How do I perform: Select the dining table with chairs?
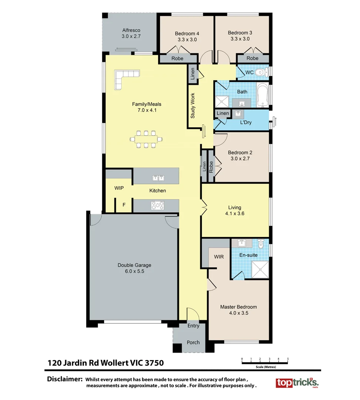(146, 139)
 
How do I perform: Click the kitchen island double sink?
(159, 178)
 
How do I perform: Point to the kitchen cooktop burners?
(158, 205)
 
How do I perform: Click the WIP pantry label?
(119, 188)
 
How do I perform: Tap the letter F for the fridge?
(124, 205)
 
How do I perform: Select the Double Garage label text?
(134, 265)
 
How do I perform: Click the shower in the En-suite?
(260, 269)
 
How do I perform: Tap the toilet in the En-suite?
(260, 244)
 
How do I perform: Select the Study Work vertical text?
(193, 106)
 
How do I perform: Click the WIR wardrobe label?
(219, 257)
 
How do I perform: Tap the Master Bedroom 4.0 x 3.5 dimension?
(239, 313)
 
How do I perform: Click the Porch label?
(193, 342)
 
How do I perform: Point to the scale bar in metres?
(265, 363)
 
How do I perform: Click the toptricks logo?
(296, 383)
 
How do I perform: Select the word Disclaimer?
(64, 379)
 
